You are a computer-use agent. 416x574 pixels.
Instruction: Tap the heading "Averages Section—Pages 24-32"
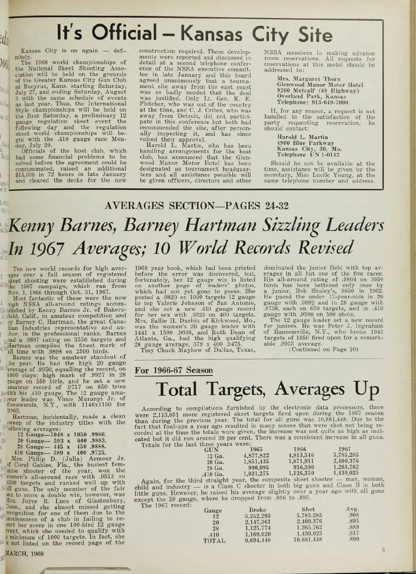[196, 206]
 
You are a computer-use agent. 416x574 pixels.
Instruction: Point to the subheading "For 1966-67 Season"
[174, 370]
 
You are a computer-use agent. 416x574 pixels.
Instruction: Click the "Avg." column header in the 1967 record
[352, 510]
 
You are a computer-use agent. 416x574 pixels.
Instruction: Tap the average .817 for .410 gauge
[353, 534]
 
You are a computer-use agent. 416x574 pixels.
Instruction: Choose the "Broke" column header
[258, 510]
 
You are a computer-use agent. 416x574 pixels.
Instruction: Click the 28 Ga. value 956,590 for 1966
[301, 467]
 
